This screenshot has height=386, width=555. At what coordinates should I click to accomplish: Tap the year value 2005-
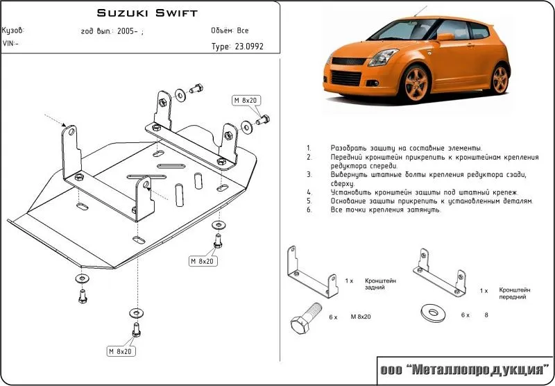(x=128, y=32)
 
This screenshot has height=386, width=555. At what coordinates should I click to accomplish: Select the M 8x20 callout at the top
(x=245, y=101)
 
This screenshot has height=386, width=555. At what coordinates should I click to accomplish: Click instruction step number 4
(x=308, y=192)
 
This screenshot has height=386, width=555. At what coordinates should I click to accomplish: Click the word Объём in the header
(x=222, y=31)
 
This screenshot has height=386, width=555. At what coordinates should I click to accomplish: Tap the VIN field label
(x=10, y=43)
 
